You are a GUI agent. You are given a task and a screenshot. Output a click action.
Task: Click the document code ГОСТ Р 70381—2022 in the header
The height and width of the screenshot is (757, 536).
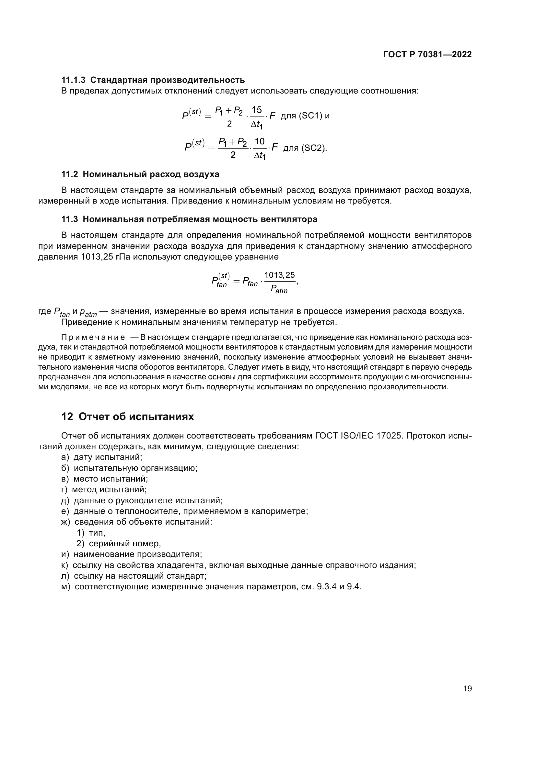427,54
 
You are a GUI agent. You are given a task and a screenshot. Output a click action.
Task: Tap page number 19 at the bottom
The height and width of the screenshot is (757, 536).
467,688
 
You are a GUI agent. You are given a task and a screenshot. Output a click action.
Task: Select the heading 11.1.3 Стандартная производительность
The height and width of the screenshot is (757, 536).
153,80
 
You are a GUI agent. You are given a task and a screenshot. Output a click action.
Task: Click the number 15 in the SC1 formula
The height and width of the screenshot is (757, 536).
256,110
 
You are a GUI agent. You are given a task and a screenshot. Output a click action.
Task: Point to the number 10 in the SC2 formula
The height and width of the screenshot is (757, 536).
260,141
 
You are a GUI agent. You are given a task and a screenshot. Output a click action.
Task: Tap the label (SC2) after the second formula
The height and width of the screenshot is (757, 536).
312,148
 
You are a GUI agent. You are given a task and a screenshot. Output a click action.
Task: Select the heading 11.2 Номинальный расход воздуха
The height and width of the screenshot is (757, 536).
140,174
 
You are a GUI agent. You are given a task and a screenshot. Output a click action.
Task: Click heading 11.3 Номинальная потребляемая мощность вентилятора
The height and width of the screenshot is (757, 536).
189,219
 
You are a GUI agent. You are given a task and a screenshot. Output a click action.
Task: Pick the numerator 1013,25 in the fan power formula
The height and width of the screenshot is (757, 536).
280,275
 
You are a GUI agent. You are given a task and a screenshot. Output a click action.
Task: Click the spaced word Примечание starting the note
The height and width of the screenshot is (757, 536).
93,337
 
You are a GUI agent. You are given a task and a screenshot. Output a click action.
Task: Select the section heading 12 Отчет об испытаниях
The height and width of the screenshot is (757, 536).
127,417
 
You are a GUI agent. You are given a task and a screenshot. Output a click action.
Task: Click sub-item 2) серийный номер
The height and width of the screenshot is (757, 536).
119,544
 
